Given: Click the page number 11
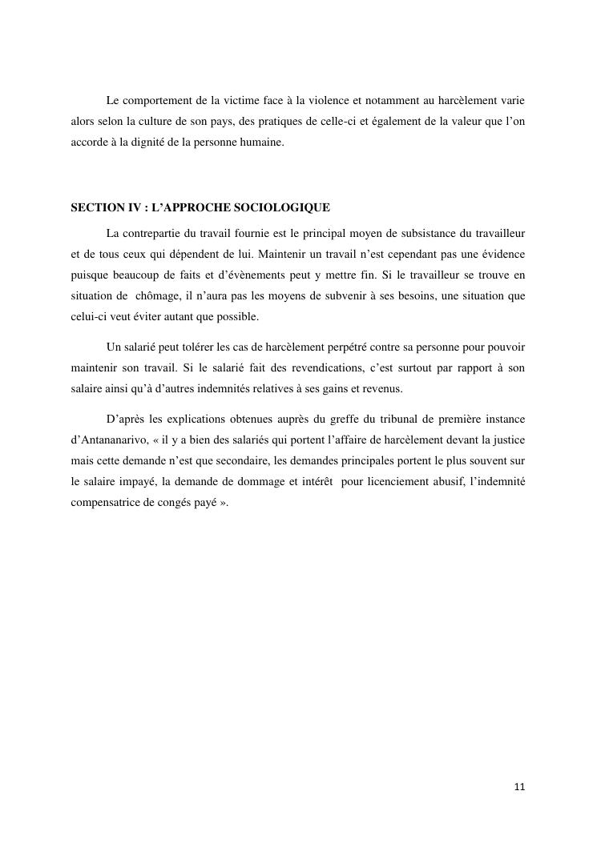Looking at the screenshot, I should pyautogui.click(x=519, y=787).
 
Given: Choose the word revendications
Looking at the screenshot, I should pyautogui.click(x=301, y=367).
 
